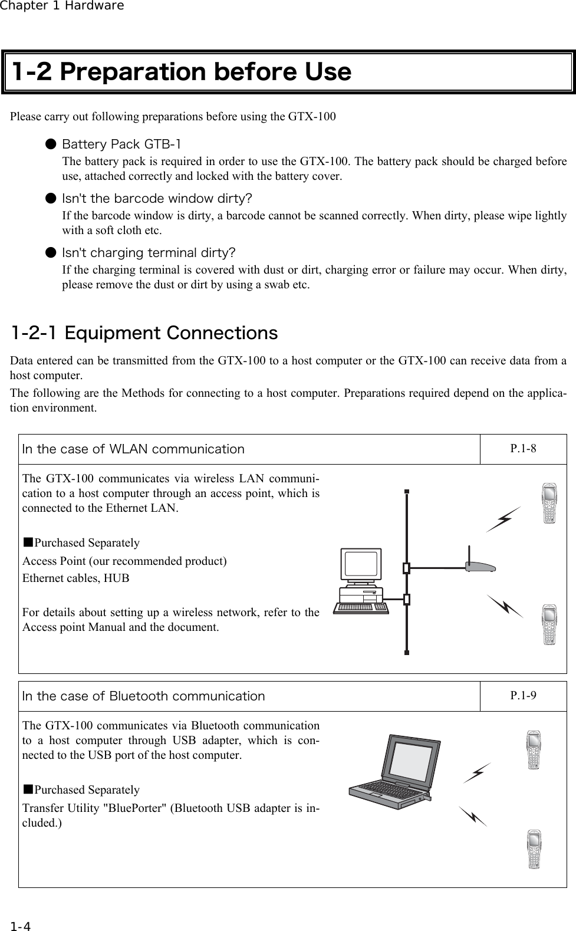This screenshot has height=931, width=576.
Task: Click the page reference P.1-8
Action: (x=523, y=449)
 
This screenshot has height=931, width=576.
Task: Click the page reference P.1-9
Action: (x=523, y=695)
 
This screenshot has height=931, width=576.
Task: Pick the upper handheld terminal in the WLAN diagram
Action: (x=550, y=504)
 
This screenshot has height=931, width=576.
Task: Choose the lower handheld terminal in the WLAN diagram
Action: (x=550, y=624)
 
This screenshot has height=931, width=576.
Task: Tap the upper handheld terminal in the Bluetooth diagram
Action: (x=534, y=750)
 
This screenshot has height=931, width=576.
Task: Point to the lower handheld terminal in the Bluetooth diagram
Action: (x=534, y=849)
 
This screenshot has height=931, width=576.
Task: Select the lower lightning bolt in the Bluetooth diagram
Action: (x=473, y=816)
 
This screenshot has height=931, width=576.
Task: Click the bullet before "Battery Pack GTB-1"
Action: (x=52, y=144)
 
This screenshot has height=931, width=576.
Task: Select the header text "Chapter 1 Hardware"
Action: (x=62, y=6)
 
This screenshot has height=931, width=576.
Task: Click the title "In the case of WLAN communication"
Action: (x=133, y=449)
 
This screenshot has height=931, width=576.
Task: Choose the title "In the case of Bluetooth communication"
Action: (x=144, y=696)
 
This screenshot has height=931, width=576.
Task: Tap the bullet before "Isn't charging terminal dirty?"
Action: (x=52, y=253)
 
